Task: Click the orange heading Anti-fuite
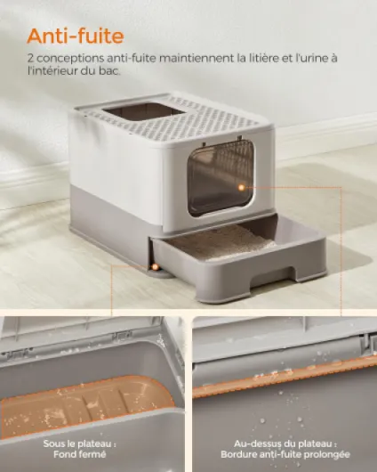pos(76,37)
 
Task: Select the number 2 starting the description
pos(30,58)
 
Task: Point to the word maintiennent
pos(197,58)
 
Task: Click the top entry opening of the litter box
pos(144,111)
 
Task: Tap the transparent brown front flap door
pos(221,178)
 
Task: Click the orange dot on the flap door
pos(241,188)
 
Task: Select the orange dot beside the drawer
pos(155,266)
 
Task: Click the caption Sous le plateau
pos(79,444)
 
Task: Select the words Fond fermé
pos(80,454)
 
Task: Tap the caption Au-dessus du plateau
pos(285,444)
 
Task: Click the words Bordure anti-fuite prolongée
pos(285,454)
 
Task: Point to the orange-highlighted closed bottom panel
pos(87,406)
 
